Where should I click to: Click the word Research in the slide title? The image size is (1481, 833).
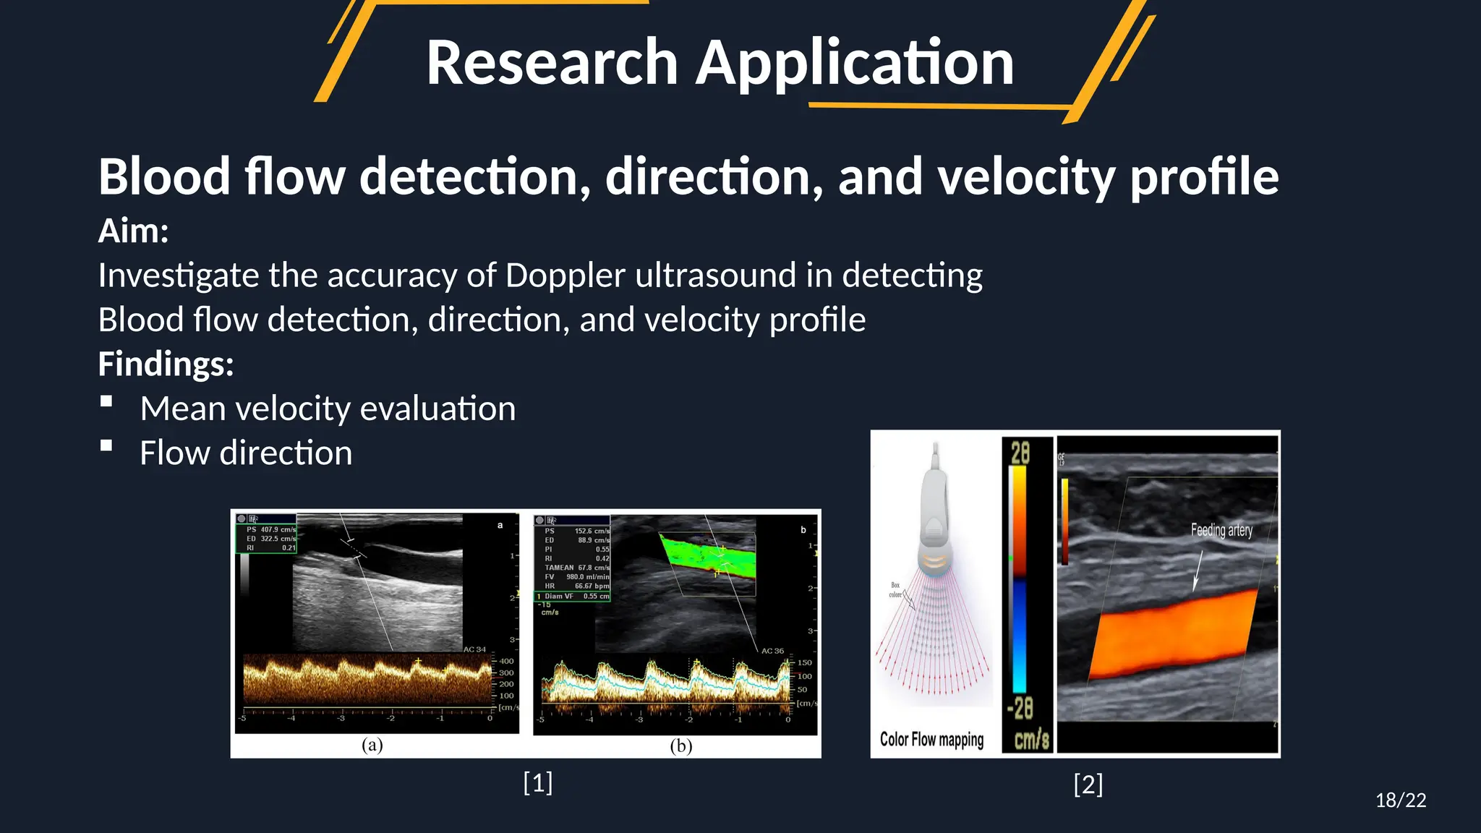click(551, 64)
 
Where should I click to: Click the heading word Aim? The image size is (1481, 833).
click(133, 231)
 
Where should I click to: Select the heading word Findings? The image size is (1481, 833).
click(166, 364)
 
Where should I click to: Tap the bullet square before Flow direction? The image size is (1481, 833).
click(106, 446)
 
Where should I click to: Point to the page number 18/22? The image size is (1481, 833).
click(1400, 800)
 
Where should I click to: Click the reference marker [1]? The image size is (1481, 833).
click(537, 782)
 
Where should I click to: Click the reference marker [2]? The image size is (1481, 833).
click(1088, 784)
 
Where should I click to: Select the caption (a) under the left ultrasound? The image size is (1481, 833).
click(372, 745)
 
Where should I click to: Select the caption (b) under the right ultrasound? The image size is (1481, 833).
click(680, 746)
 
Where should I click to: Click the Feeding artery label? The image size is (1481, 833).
click(1221, 530)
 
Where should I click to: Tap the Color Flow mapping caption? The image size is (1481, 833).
click(931, 739)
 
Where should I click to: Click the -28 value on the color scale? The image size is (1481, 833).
click(1020, 708)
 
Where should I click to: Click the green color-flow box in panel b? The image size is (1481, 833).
click(709, 554)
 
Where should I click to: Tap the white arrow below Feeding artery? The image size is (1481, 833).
click(1197, 571)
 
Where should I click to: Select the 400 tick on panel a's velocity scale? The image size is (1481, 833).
click(506, 661)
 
